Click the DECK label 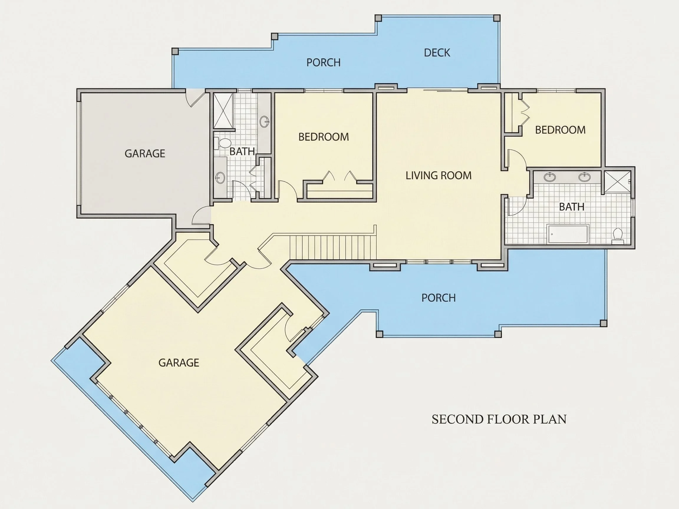[437, 53]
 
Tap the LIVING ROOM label [438, 176]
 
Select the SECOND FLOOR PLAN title [499, 419]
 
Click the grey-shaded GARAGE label [145, 153]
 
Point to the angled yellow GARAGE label [179, 363]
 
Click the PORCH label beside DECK [324, 62]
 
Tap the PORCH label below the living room [438, 298]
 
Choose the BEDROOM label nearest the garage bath [324, 137]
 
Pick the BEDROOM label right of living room [560, 130]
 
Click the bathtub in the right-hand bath [568, 234]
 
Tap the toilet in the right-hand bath [617, 236]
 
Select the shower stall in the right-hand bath [617, 182]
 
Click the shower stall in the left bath [223, 111]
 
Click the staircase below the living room [333, 247]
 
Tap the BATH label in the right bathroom [571, 207]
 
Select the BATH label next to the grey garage [242, 151]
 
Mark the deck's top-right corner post [497, 18]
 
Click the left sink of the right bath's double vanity [549, 177]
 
